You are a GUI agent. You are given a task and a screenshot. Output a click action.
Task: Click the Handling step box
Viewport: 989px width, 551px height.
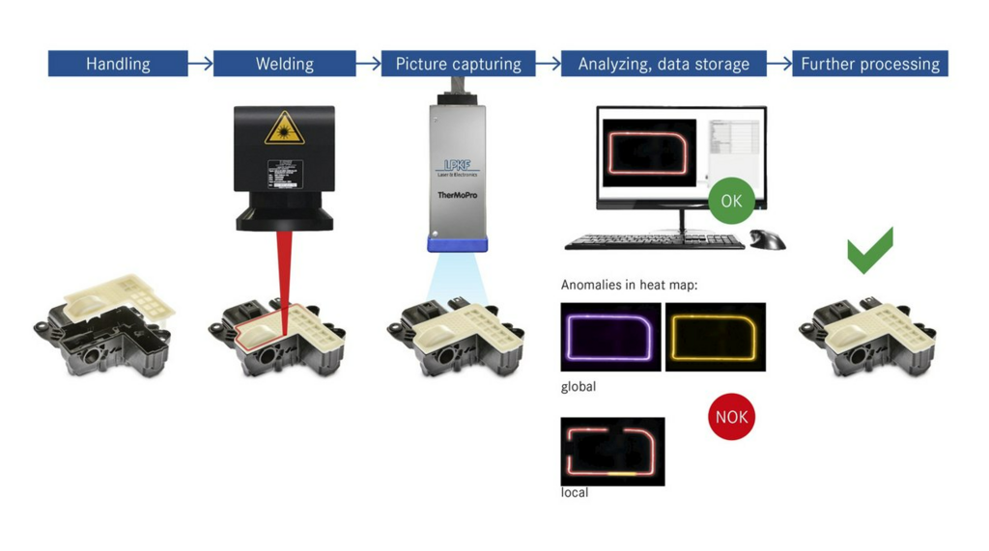tap(118, 64)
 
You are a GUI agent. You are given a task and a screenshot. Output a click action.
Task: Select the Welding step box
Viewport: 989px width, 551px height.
tap(284, 64)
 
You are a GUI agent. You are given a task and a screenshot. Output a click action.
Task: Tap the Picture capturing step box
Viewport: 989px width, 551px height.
tap(458, 64)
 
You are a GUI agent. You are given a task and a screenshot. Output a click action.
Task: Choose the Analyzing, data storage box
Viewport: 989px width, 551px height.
tap(664, 64)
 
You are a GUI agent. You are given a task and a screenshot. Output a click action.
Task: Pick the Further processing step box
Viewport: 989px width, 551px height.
tap(869, 64)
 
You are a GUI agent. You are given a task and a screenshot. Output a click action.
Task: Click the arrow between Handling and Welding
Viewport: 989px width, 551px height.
tap(200, 64)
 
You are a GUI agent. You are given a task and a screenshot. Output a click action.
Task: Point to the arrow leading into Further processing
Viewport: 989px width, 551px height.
tap(779, 64)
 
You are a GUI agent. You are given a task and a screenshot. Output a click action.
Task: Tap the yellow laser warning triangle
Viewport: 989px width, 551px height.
tap(284, 128)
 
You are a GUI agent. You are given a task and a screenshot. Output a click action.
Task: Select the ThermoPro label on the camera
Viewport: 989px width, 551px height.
tap(458, 195)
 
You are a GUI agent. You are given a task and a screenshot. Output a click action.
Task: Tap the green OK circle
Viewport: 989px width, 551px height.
tap(731, 201)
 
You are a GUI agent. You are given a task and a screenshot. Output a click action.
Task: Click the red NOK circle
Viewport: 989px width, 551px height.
tap(731, 417)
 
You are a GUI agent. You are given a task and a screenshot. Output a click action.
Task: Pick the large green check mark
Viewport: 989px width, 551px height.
tap(870, 250)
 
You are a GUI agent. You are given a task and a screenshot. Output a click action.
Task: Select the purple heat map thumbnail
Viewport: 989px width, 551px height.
tap(610, 337)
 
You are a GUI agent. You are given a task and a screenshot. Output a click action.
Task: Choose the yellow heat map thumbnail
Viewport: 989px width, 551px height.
tap(716, 337)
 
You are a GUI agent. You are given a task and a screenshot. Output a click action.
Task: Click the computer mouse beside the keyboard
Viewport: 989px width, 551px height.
tap(768, 239)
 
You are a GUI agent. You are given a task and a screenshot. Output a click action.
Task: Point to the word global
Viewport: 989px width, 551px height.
tap(579, 387)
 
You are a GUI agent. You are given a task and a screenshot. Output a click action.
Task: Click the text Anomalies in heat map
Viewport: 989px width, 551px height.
tap(629, 285)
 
